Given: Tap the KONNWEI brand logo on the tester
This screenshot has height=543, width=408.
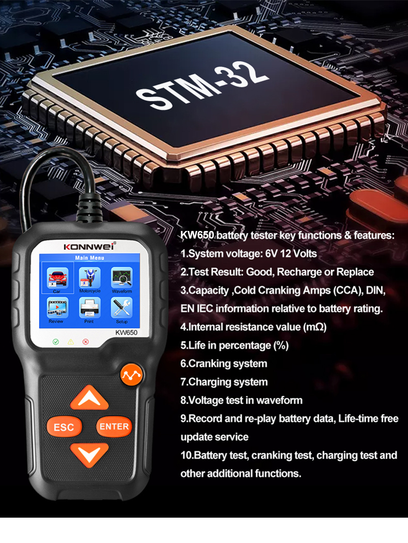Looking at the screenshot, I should tap(90, 246).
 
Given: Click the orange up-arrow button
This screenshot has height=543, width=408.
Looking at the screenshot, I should tap(89, 398).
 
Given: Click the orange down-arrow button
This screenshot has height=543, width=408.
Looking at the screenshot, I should tap(89, 453).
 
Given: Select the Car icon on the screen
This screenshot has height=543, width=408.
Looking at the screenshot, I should tap(57, 278).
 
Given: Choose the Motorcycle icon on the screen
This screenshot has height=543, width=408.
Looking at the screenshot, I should tap(89, 278).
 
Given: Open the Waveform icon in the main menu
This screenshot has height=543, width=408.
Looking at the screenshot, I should tap(122, 278).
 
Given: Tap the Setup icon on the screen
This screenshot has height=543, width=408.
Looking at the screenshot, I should tap(122, 308).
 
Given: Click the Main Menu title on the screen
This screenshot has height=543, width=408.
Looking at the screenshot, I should tap(89, 257).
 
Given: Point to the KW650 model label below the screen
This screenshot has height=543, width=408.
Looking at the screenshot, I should tap(126, 333).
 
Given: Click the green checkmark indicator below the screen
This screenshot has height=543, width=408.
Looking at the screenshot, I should tap(56, 342).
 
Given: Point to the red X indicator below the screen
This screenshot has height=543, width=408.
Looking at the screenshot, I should tap(86, 342).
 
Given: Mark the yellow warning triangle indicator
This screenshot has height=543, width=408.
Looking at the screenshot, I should tap(71, 342).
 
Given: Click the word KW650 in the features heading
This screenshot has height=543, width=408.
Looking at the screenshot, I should tap(197, 236).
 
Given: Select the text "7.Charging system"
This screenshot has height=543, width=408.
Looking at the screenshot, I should tap(224, 382).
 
